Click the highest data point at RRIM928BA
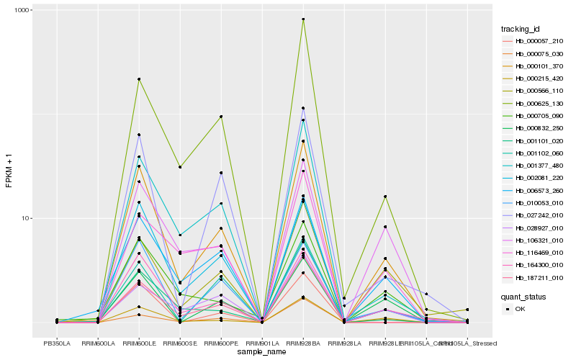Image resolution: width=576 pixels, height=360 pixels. click(303, 19)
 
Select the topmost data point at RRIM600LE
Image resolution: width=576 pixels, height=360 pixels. click(139, 79)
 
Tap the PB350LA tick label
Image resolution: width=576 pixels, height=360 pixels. click(57, 343)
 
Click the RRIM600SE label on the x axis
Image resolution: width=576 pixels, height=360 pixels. click(180, 343)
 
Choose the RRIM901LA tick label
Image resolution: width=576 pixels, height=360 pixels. click(262, 343)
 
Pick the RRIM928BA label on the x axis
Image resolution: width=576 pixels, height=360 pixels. click(303, 343)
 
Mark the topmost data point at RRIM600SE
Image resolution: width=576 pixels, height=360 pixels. click(180, 167)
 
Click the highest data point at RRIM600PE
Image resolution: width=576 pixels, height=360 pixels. click(221, 116)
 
